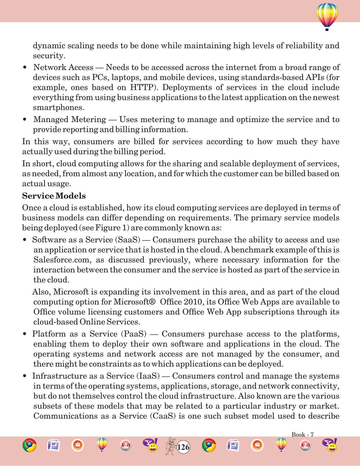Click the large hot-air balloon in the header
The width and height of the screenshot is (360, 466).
327,16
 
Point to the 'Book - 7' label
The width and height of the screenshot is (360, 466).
302,435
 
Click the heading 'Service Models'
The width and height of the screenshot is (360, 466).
54,196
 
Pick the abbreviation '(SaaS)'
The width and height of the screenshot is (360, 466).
129,240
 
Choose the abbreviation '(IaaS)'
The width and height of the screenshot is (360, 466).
148,376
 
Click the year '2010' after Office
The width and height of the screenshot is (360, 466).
193,302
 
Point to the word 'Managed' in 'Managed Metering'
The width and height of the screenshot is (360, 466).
51,119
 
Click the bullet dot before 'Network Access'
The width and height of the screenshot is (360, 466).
25,67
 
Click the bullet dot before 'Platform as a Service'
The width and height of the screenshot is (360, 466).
25,334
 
